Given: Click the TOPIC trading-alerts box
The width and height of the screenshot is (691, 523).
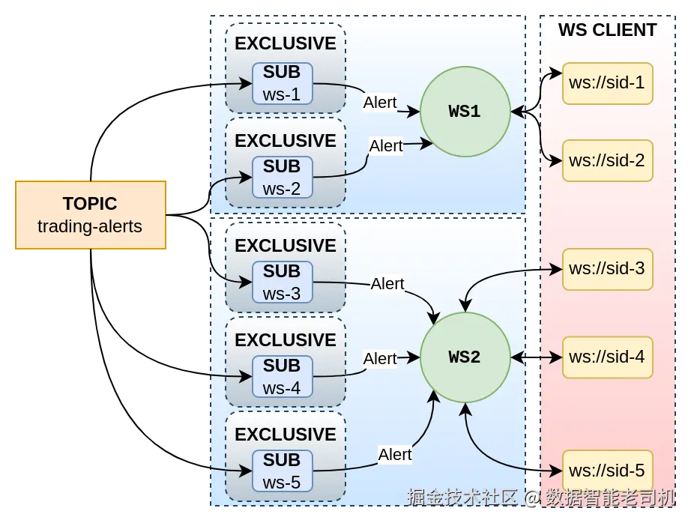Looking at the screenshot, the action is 91,215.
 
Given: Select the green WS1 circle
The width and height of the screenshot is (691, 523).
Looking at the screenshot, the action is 465,112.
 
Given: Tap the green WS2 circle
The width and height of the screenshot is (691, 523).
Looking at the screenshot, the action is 465,357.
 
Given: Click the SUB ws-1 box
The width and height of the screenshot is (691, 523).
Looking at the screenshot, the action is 282,83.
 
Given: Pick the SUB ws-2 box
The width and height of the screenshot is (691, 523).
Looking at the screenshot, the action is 282,178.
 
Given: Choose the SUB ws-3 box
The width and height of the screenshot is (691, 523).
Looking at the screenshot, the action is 282,282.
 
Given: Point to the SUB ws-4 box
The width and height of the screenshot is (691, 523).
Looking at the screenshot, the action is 282,377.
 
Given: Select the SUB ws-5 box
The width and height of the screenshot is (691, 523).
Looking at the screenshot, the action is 282,471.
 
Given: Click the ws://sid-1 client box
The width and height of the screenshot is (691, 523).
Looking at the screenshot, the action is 607,83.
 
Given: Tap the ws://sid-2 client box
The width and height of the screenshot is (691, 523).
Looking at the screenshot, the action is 607,161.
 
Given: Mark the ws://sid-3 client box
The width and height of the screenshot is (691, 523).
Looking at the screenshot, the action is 607,269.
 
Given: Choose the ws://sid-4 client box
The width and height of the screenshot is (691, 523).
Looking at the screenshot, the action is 607,357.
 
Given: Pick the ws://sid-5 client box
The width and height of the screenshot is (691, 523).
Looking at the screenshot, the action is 607,471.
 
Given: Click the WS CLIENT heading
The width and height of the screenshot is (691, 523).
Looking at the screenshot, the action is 607,30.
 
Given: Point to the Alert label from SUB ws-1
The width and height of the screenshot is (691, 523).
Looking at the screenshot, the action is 380,103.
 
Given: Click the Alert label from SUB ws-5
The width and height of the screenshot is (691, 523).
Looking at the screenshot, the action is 395,454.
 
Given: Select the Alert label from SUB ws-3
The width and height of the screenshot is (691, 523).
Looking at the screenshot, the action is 387,284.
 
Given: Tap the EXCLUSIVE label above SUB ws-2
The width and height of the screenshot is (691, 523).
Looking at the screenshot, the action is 285,141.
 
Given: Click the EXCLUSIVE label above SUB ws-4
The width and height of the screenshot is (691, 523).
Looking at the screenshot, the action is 285,340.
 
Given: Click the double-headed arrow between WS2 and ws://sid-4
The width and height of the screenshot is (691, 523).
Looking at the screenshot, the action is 537,357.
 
